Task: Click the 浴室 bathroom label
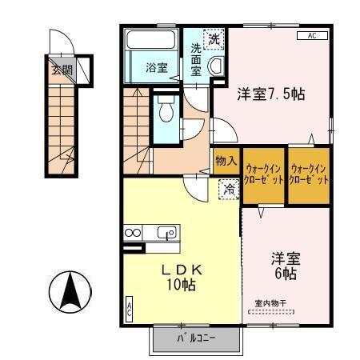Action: [x=156, y=68]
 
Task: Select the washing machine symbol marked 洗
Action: [x=214, y=38]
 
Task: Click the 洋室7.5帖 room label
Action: [x=273, y=94]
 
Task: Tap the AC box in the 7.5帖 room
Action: [x=311, y=36]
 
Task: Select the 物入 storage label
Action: [x=226, y=161]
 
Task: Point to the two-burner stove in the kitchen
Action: [x=132, y=233]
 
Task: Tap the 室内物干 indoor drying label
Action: [x=270, y=303]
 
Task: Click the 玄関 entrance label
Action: [x=62, y=70]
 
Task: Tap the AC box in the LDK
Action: [x=129, y=310]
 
